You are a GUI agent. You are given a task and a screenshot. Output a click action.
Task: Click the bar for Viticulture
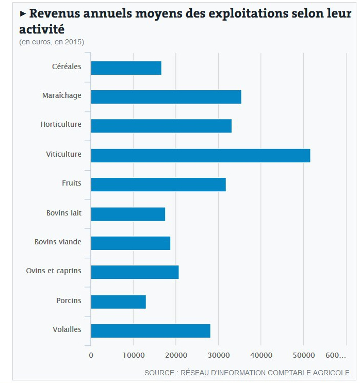[x=201, y=155]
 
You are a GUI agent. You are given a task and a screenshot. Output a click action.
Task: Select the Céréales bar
[x=126, y=68]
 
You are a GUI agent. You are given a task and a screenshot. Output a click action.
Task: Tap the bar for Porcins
[x=119, y=302]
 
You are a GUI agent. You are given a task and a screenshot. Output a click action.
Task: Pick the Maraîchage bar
[x=166, y=97]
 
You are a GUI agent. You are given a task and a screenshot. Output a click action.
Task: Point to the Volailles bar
[x=151, y=330]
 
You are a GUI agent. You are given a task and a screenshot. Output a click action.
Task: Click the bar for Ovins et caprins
[x=135, y=272]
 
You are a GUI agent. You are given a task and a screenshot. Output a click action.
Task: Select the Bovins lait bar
[x=128, y=214]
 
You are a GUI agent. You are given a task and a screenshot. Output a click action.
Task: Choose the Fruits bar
[x=158, y=185]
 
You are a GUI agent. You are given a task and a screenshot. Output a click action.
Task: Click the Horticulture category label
[x=61, y=124]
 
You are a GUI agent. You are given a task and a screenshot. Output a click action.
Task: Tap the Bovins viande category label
[x=58, y=241]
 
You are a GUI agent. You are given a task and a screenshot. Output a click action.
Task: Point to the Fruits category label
[x=71, y=183]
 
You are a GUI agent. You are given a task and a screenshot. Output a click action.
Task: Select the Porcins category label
[x=69, y=300]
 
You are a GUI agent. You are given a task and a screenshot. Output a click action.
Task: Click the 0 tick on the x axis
[x=91, y=355]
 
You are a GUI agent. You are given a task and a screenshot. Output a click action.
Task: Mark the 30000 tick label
[x=219, y=355]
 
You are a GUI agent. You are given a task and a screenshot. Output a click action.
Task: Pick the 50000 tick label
[x=303, y=355]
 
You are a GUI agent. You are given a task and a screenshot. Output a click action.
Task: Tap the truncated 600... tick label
[x=336, y=355]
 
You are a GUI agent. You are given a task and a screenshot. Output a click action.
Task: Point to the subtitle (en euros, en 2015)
[x=52, y=41]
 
